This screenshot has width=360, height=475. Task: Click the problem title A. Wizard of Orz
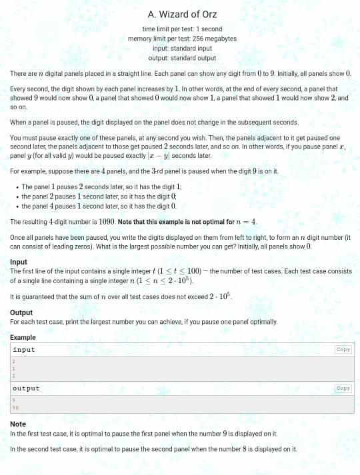click(x=182, y=14)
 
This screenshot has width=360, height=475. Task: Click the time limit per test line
click(x=182, y=29)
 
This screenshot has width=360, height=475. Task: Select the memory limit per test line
click(x=182, y=39)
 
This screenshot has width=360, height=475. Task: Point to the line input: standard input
click(x=182, y=48)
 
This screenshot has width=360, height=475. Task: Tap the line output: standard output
click(x=182, y=57)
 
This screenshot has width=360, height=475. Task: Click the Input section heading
click(x=19, y=262)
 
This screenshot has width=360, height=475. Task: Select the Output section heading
click(x=21, y=312)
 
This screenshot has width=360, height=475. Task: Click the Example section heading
click(x=23, y=338)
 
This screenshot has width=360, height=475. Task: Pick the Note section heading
click(x=18, y=424)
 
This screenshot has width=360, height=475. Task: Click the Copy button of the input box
click(x=343, y=350)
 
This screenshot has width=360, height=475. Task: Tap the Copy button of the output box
click(x=343, y=388)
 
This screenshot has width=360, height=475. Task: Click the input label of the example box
click(x=23, y=350)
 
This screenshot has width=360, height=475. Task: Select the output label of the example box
click(x=26, y=388)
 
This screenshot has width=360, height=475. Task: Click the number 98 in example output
click(x=15, y=407)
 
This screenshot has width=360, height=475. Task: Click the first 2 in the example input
click(x=13, y=361)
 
